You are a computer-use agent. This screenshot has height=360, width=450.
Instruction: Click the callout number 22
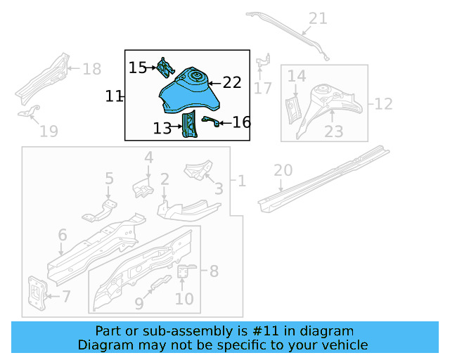point(232,83)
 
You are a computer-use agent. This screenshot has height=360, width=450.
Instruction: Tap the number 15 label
point(138,67)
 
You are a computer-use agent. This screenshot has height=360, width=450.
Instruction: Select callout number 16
point(241,123)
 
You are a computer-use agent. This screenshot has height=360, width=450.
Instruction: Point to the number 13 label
point(162,128)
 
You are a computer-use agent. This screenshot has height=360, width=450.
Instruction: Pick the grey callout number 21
point(318,19)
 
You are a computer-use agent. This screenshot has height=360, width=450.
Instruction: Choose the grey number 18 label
point(92,69)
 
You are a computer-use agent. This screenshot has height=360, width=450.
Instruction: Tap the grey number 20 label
point(283,170)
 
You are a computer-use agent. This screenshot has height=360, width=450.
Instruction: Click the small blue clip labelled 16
point(209,122)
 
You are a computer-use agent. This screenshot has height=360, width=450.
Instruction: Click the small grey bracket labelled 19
point(29,112)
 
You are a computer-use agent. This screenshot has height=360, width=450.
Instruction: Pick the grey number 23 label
point(333,131)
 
